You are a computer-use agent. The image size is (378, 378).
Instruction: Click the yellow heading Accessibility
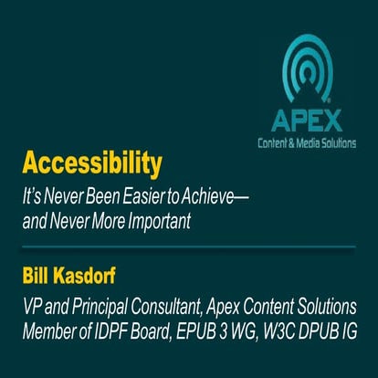click(92, 164)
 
